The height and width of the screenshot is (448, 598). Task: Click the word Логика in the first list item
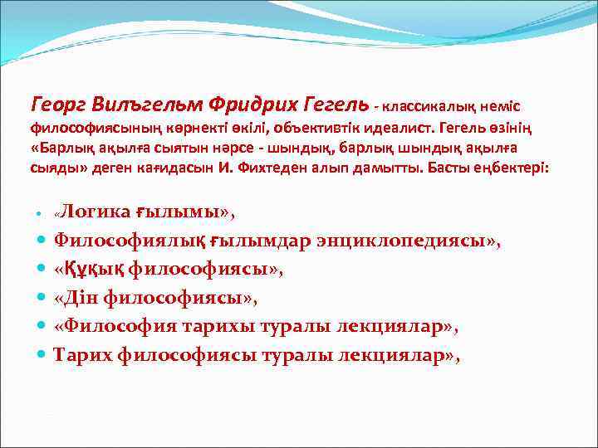pyautogui.click(x=95, y=212)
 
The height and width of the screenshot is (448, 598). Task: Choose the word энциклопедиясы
pyautogui.click(x=408, y=241)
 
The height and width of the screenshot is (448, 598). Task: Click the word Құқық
pyautogui.click(x=89, y=269)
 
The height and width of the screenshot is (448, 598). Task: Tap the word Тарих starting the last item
pyautogui.click(x=82, y=355)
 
